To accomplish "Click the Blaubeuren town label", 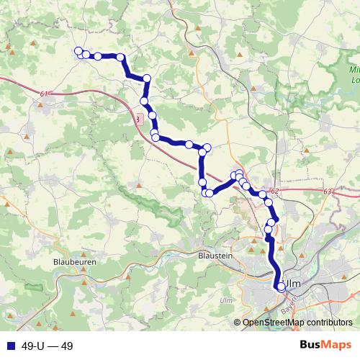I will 75,263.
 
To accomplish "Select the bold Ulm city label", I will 293,284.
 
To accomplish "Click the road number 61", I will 45,94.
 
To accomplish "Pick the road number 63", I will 328,192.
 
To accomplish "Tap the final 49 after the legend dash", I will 66,346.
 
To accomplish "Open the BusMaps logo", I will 325,345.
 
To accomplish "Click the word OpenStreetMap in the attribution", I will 272,323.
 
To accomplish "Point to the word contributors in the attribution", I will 328,323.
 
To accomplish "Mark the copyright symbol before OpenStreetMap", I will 238,323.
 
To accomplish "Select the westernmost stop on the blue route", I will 78,50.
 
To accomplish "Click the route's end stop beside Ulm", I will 281,287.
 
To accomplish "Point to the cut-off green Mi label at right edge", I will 354,71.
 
